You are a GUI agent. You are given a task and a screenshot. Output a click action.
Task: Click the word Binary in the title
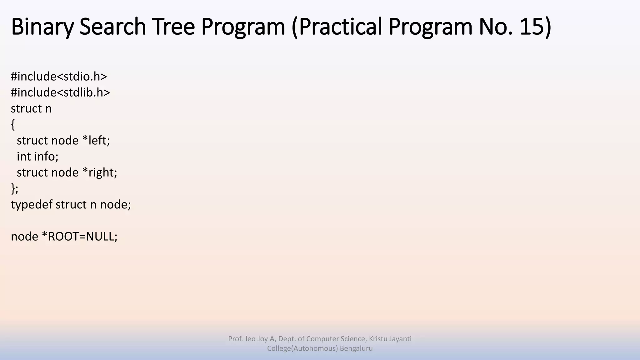point(42,27)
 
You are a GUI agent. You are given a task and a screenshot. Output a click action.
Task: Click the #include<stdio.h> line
point(59,77)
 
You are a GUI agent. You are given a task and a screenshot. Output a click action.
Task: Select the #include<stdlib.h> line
point(60,92)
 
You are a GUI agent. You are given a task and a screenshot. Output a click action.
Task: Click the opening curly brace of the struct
point(13,125)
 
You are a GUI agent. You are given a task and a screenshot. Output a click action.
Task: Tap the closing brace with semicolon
point(15,189)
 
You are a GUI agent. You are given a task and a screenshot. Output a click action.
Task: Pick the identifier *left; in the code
point(96,141)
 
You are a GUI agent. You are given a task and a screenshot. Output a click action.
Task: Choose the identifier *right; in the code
point(100,172)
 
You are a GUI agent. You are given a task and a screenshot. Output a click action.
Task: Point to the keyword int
point(24,157)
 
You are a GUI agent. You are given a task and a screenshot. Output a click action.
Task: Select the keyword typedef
point(32,205)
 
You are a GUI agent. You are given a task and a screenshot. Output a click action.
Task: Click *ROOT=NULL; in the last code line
point(79,237)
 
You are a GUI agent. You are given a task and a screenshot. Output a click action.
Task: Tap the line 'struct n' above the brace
point(31,109)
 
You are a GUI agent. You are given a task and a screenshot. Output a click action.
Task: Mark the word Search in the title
point(113,27)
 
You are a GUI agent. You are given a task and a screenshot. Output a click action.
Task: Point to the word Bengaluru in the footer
point(356,348)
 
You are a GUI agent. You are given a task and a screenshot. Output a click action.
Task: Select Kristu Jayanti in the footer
point(390,339)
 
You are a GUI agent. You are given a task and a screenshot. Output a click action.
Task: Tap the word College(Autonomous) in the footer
point(302,348)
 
